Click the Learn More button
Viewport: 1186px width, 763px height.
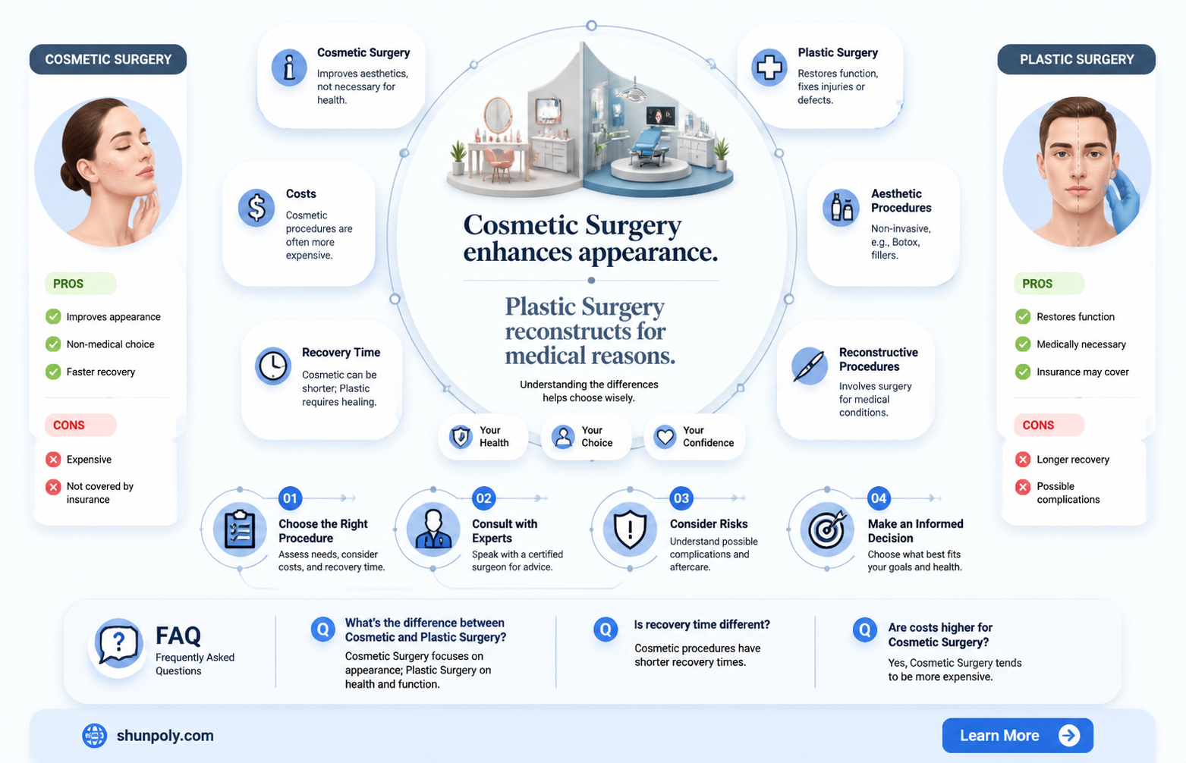coord(1017,735)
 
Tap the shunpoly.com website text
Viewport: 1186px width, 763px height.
coord(165,736)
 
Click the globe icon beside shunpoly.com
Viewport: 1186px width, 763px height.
coord(94,736)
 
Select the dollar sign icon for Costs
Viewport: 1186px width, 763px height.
coord(256,208)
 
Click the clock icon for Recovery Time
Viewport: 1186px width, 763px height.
coord(272,366)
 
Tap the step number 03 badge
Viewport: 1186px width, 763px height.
coord(681,498)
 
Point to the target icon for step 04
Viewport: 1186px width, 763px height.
coord(826,529)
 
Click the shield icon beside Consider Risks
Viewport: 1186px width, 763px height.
coord(630,529)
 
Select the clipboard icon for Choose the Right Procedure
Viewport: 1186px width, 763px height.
coord(240,529)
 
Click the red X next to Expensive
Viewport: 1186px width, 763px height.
coord(53,460)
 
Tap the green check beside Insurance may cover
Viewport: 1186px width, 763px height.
coord(1023,372)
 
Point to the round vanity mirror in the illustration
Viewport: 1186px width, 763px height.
coord(498,115)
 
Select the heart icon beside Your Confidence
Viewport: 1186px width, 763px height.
coord(665,437)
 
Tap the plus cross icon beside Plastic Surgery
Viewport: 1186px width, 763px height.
coord(769,68)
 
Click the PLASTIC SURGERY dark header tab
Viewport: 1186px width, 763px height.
coord(1077,59)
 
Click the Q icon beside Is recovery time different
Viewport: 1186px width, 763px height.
coord(606,629)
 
